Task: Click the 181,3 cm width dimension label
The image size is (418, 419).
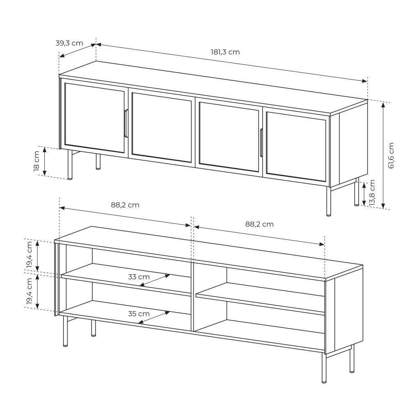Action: point(225,52)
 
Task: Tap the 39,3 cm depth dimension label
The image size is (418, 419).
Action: point(69,43)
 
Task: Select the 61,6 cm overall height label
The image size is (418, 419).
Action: point(391,155)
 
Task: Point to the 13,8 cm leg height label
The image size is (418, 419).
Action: point(372,192)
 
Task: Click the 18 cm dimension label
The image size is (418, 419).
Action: point(36,161)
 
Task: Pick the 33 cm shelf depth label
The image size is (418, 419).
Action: point(139,277)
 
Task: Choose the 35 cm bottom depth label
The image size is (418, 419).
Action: point(139,314)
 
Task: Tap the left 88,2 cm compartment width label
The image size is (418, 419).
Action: point(125,205)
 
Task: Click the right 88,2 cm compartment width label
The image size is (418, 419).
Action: point(259,224)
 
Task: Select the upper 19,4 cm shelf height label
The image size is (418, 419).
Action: point(30,254)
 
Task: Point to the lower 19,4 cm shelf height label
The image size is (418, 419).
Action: point(30,291)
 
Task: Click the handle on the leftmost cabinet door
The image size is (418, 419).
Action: point(126,123)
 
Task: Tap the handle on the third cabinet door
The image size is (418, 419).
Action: point(261,142)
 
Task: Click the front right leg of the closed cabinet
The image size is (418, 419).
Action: point(328,201)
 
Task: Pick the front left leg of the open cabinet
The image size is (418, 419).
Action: point(65,331)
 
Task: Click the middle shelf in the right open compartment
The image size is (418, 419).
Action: point(260,298)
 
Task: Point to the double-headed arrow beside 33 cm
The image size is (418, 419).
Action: point(155,280)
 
